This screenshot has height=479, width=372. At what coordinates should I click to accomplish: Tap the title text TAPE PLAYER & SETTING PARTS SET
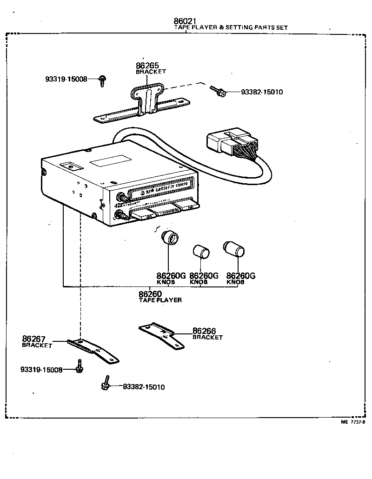pos(231,28)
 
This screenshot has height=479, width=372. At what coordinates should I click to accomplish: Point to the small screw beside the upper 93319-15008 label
pos(103,81)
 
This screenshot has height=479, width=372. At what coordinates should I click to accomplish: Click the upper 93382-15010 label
pos(262,92)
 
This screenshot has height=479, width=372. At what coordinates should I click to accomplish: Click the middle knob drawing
pos(201,252)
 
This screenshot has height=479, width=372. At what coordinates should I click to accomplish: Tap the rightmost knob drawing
pos(233,249)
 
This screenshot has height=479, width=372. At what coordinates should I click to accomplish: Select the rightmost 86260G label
pos(240,276)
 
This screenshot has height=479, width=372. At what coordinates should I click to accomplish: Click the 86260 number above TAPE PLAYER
pos(150,294)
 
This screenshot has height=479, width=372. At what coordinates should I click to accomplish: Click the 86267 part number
pos(33,339)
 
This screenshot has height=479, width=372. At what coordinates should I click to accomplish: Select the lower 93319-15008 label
pos(41,370)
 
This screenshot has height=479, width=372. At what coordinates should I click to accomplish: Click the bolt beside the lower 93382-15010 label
pos(106,383)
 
